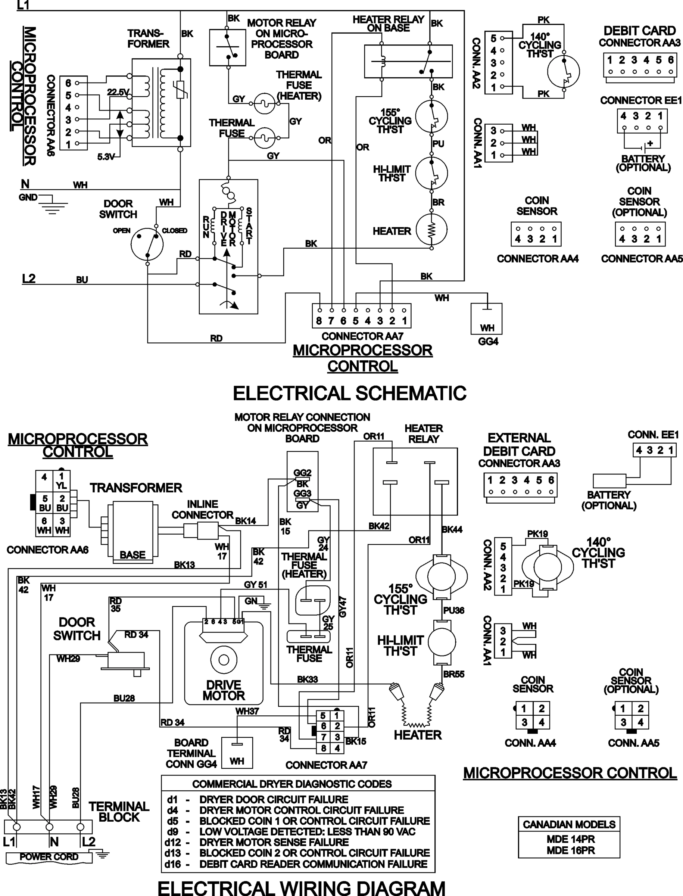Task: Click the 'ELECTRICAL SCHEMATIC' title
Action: [350, 393]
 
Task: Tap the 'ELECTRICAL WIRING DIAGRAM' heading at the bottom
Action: [301, 887]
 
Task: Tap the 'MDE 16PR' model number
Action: [570, 850]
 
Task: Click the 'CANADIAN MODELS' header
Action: [569, 824]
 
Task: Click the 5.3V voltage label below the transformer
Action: [106, 156]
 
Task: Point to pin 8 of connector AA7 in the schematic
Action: [319, 321]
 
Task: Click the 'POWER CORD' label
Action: [49, 856]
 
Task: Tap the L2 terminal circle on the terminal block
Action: [81, 827]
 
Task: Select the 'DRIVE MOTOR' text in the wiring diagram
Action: [224, 690]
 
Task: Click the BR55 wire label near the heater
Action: [454, 674]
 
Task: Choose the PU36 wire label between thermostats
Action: [454, 610]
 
